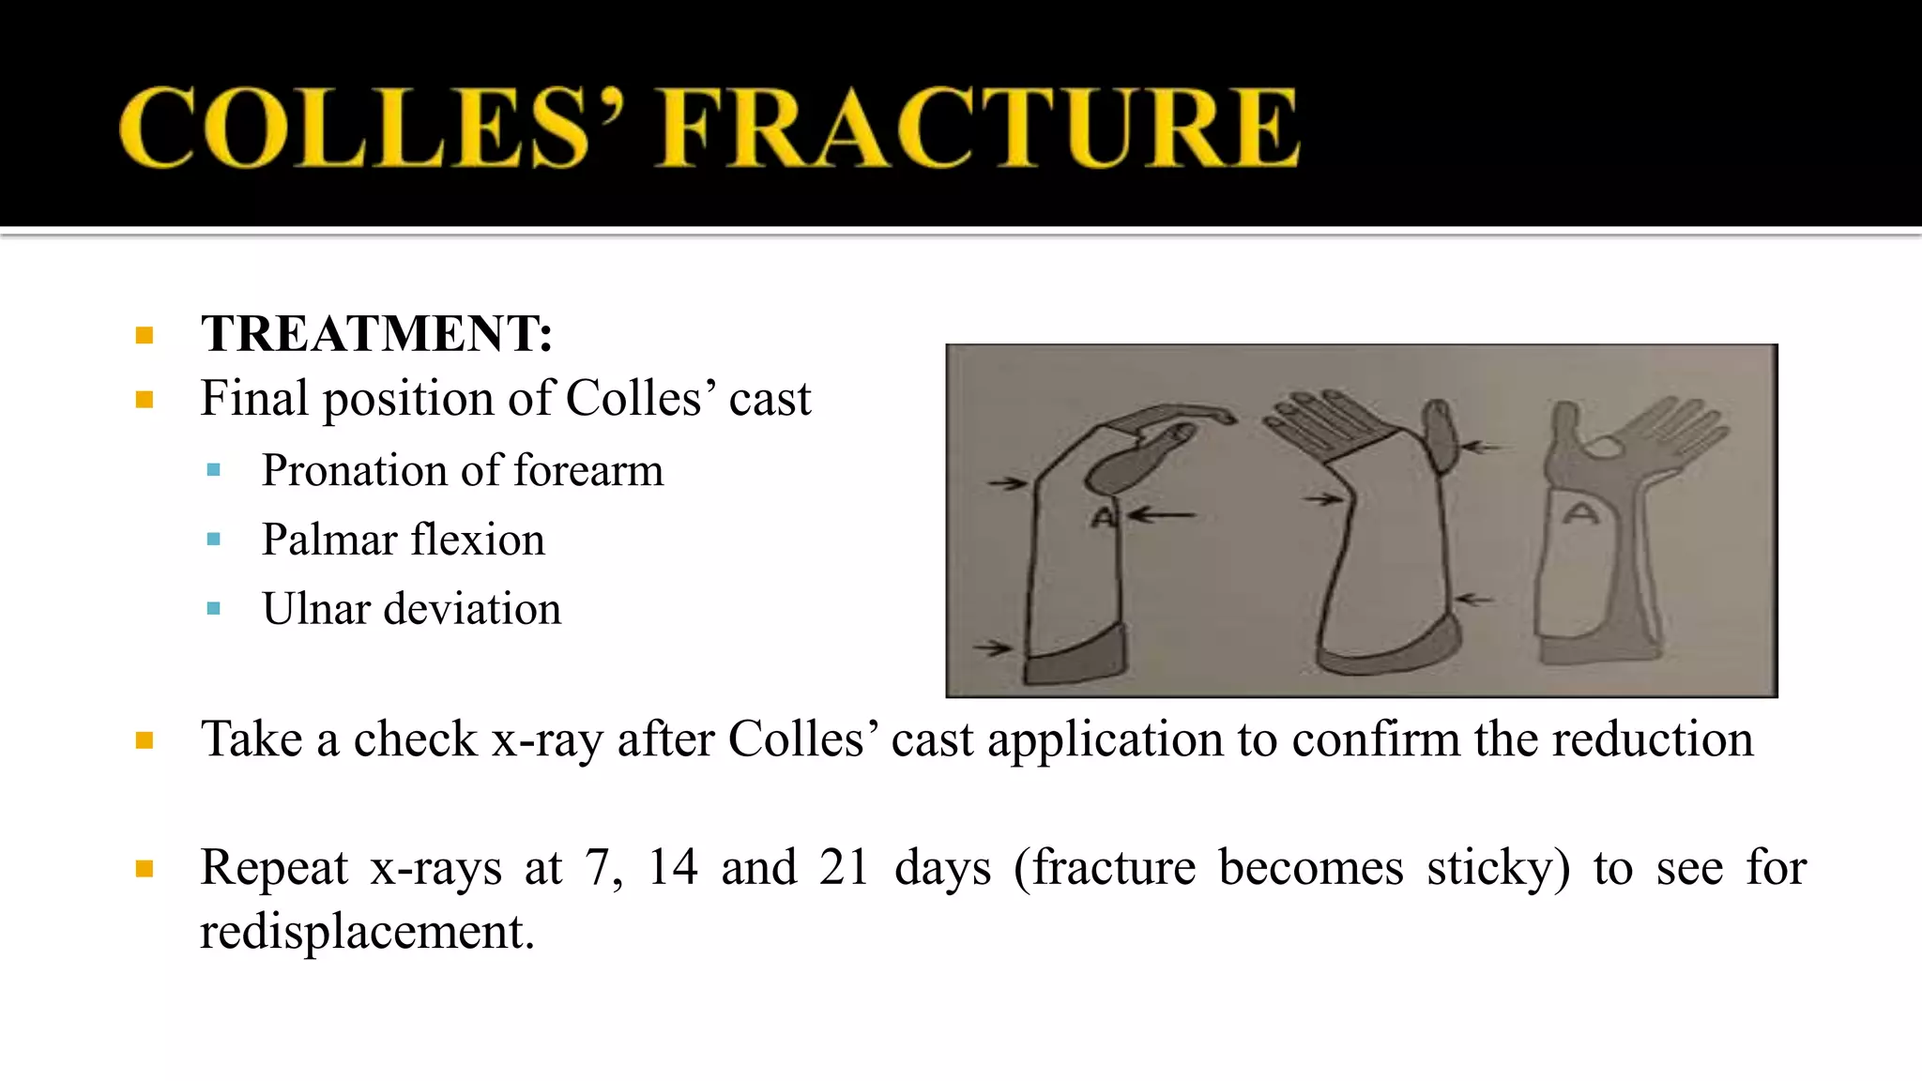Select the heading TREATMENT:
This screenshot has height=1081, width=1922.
376,334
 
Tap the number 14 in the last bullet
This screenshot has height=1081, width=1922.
673,867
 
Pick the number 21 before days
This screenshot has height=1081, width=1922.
844,867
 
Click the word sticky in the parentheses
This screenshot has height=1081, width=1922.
1497,869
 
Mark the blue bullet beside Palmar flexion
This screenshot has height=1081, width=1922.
214,540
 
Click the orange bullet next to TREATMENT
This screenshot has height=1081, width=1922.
145,335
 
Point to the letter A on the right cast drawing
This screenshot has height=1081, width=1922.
1583,513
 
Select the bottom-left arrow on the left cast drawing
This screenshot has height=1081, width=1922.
991,647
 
